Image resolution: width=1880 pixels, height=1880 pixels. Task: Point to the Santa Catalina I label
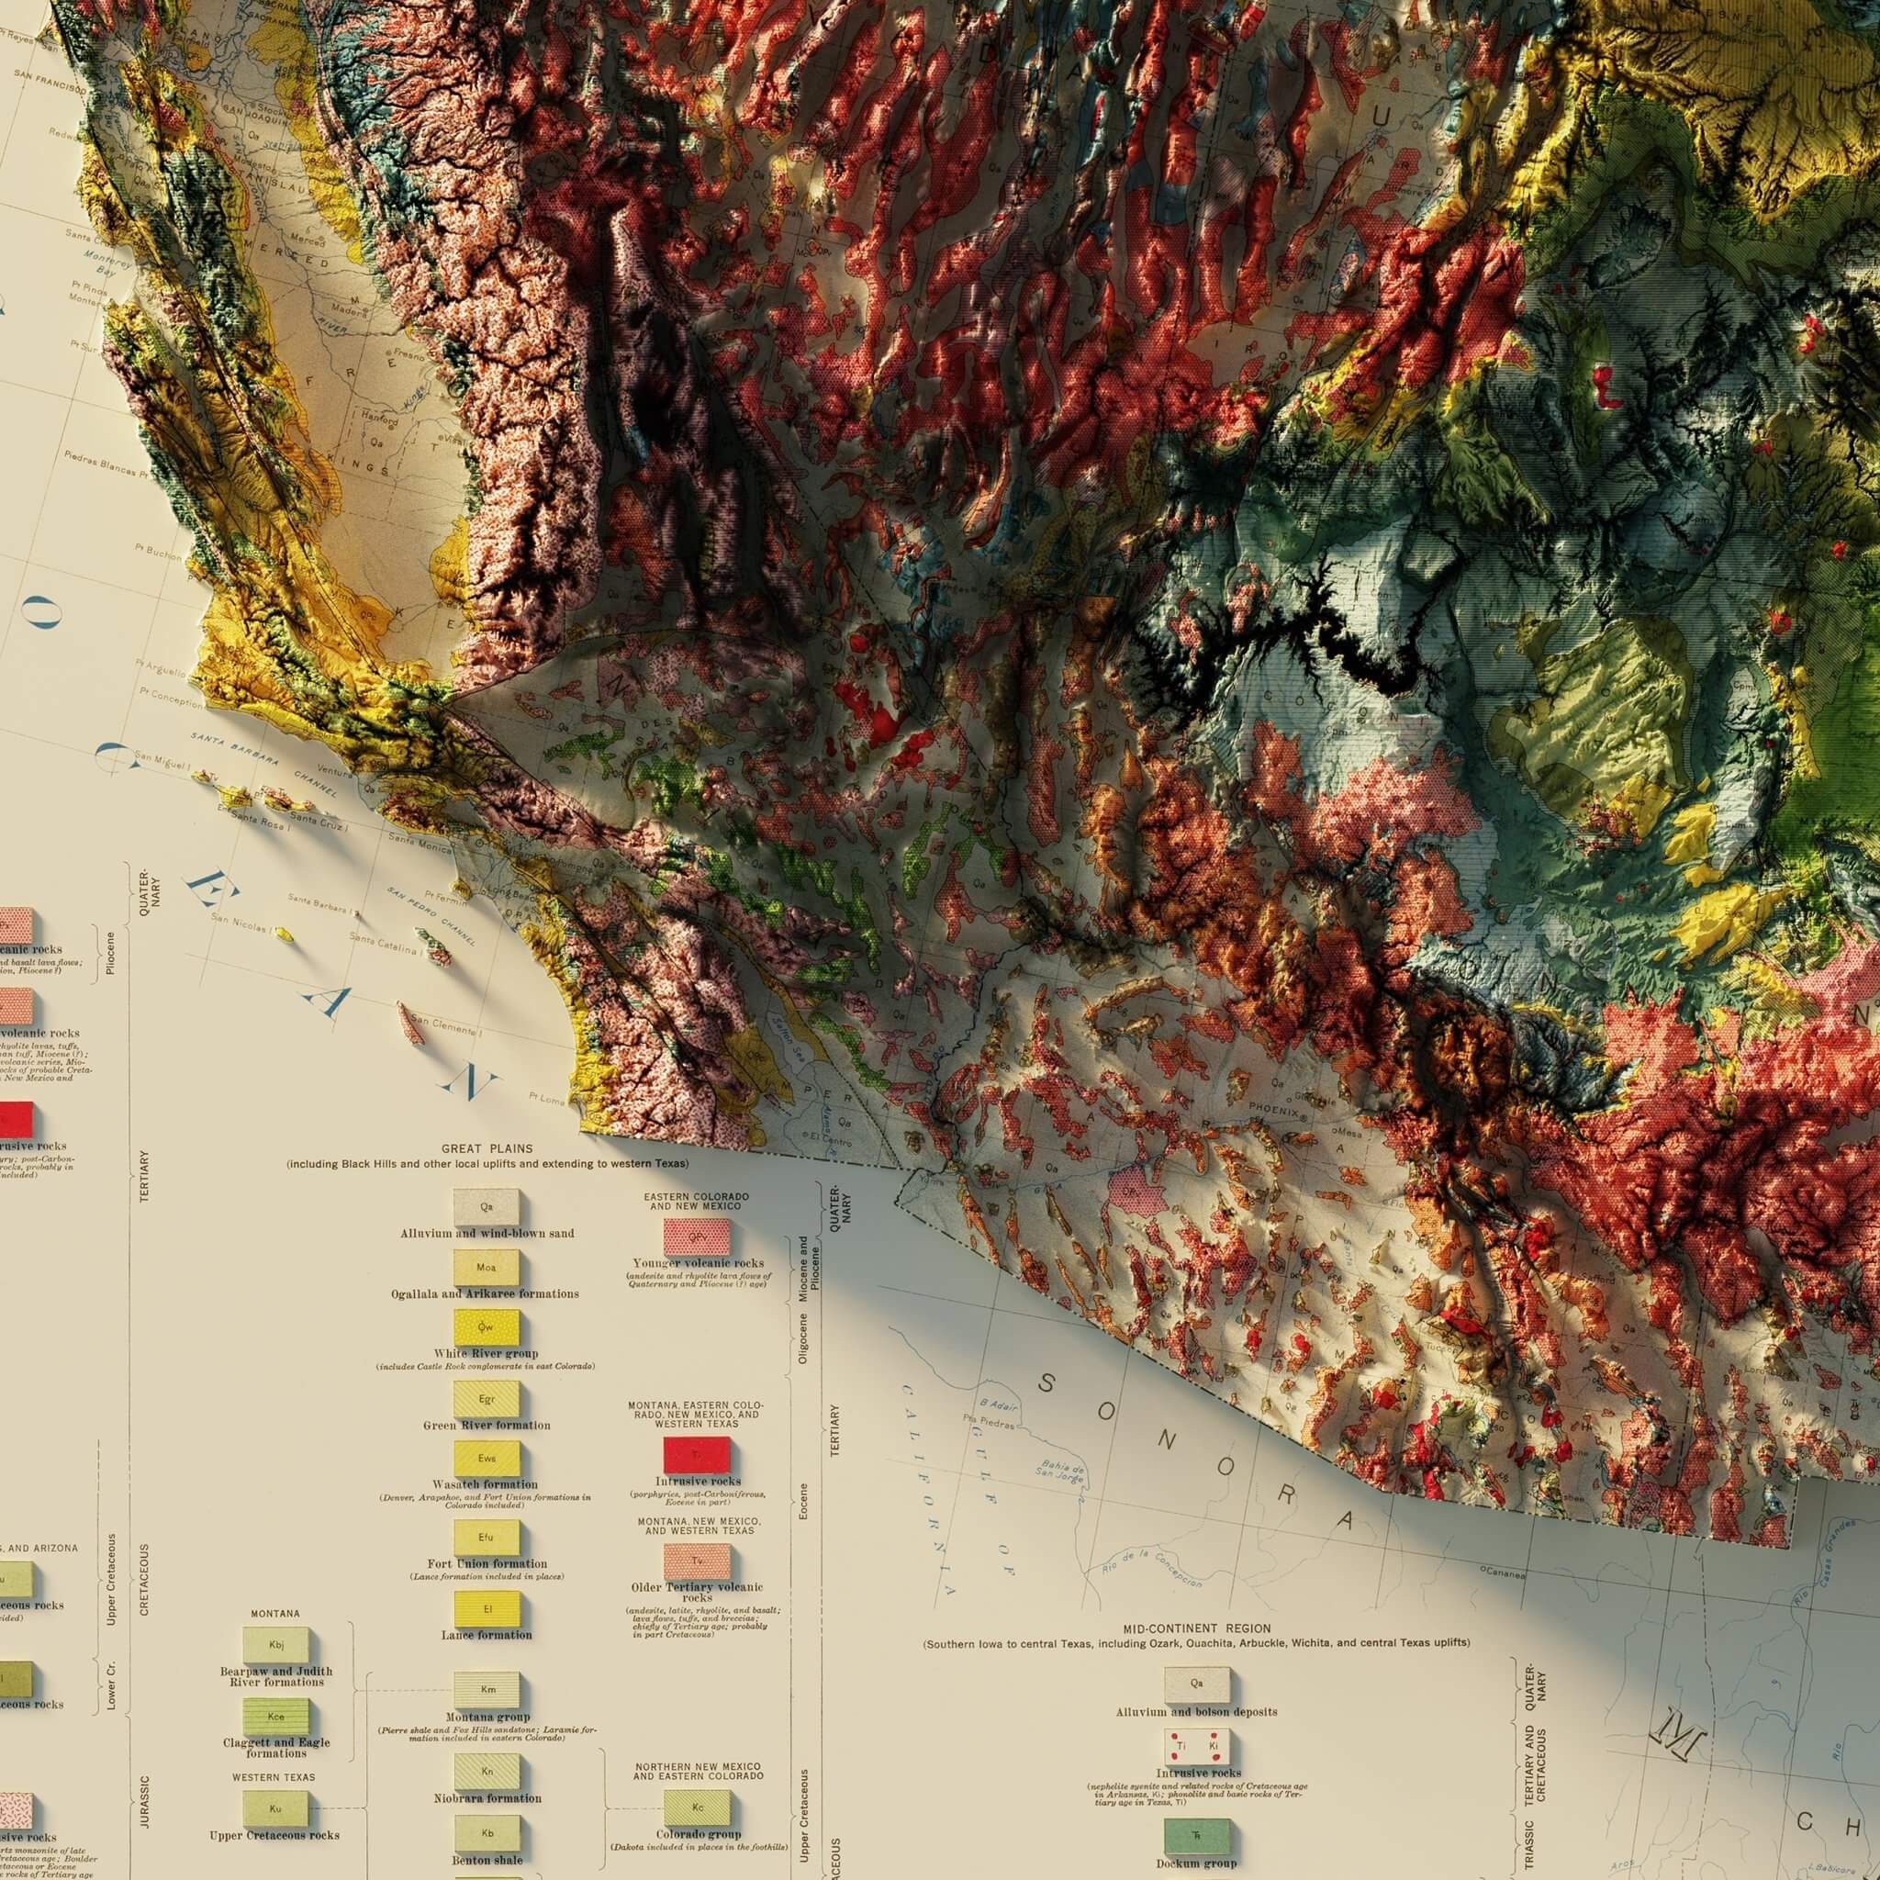pyautogui.click(x=386, y=941)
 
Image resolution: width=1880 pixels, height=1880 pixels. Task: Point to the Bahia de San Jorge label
pyautogui.click(x=1062, y=1472)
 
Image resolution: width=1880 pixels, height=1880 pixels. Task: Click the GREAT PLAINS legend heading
pyautogui.click(x=487, y=1148)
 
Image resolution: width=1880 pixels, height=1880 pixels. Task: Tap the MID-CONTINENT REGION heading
pyautogui.click(x=1196, y=1628)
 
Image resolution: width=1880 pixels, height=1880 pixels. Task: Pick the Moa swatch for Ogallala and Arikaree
pyautogui.click(x=486, y=1267)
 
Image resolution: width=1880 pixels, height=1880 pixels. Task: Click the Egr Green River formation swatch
pyautogui.click(x=487, y=1399)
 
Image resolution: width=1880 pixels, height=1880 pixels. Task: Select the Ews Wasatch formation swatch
pyautogui.click(x=487, y=1458)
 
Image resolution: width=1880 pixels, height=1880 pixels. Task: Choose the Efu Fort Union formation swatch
pyautogui.click(x=487, y=1538)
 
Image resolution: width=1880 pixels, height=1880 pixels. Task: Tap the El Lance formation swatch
pyautogui.click(x=487, y=1609)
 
